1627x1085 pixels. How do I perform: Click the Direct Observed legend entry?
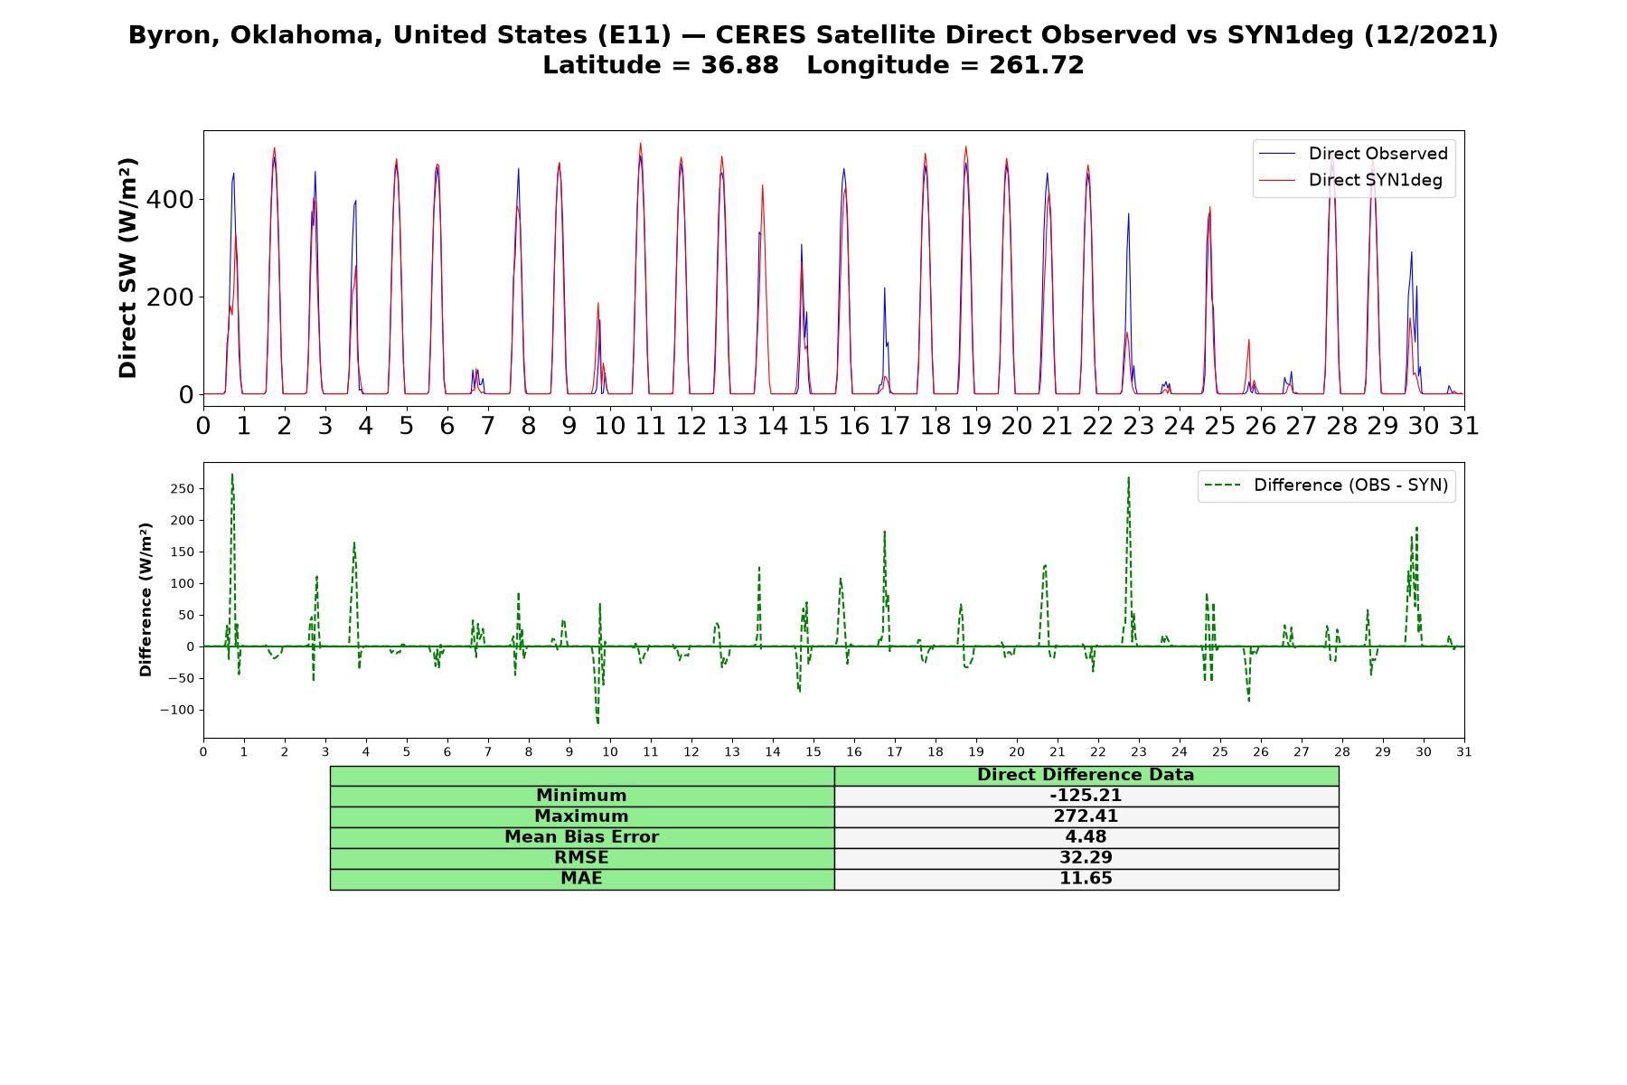(1353, 154)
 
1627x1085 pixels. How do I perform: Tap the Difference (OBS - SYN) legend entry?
(1326, 486)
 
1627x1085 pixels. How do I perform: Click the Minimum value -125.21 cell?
(1086, 796)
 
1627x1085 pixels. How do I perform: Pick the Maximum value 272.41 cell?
(1086, 816)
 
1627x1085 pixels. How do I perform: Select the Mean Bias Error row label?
(581, 837)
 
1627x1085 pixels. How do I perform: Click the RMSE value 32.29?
(1086, 858)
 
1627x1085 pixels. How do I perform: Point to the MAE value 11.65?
(1086, 879)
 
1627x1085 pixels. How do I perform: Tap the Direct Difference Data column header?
(1086, 775)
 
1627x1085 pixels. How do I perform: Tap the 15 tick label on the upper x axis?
(813, 425)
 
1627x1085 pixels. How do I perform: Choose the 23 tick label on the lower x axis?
(1138, 751)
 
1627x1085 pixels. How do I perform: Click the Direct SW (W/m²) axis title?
(127, 268)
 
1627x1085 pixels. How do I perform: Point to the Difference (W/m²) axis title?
(146, 599)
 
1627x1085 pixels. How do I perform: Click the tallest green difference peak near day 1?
(232, 475)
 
